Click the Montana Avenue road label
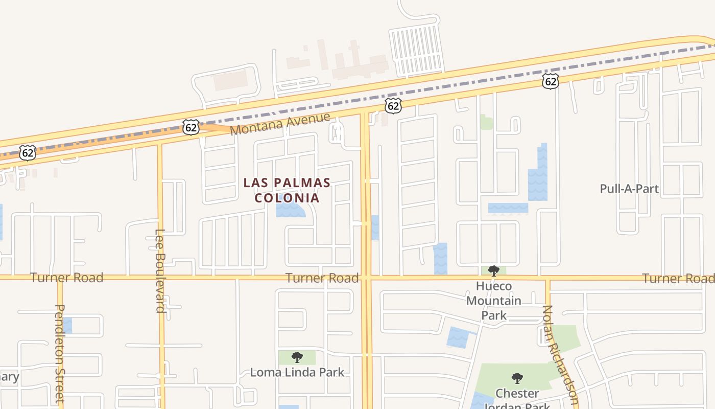tap(280, 124)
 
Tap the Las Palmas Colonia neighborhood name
tap(287, 190)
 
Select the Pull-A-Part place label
tap(629, 189)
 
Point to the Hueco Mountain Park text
tap(494, 301)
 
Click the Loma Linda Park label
tap(297, 372)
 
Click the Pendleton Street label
tap(60, 353)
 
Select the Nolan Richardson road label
tap(560, 355)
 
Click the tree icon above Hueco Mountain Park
tap(493, 270)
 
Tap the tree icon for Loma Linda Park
tap(297, 357)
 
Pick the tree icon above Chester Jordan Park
tap(517, 378)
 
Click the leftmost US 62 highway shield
tap(28, 152)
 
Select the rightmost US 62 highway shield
tap(550, 81)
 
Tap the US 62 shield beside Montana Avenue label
tap(190, 127)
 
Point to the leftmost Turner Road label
tap(66, 278)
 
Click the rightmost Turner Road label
tap(678, 279)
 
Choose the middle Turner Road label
tap(322, 278)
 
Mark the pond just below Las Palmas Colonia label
tap(290, 210)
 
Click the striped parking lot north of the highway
tap(416, 50)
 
